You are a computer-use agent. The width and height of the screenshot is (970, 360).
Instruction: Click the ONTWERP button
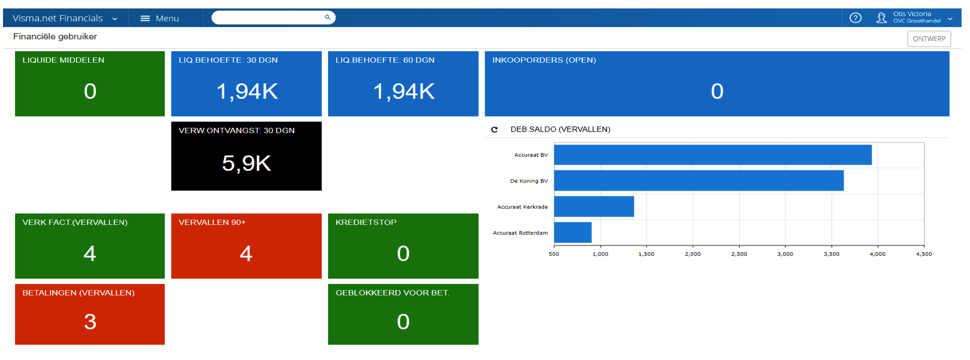point(929,39)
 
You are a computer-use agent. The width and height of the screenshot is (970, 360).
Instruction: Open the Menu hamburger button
point(145,18)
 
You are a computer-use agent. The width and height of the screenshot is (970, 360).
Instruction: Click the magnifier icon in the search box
point(328,17)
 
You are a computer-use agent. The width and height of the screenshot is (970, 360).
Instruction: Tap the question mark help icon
point(855,17)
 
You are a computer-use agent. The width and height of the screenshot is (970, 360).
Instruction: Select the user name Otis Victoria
point(912,14)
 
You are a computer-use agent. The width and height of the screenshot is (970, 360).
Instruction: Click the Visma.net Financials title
point(58,18)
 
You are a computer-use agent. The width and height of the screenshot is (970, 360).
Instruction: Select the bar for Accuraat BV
point(713,154)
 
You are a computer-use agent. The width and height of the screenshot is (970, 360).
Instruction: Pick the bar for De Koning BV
point(699,181)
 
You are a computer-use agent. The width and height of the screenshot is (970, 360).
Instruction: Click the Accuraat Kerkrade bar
point(594,206)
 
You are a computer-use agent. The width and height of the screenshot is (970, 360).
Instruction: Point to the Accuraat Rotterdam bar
point(573,232)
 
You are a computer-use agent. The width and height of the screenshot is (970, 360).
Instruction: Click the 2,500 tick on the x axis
point(739,254)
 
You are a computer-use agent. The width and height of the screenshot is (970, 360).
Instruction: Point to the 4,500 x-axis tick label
point(924,254)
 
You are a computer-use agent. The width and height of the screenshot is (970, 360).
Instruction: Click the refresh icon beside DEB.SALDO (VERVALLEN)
point(494,130)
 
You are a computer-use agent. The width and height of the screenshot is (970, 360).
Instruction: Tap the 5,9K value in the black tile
point(247,163)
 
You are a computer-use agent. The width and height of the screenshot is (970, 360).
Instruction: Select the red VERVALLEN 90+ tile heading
point(212,223)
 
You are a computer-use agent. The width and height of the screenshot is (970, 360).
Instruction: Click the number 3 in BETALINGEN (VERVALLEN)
point(90,321)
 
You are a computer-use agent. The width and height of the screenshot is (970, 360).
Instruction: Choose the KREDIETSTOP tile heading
point(366,223)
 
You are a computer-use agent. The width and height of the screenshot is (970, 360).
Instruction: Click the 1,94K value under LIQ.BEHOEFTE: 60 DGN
point(403,92)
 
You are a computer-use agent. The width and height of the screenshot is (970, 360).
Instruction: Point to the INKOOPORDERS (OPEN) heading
point(544,60)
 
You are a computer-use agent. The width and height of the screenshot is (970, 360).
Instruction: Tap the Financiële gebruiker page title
point(55,37)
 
